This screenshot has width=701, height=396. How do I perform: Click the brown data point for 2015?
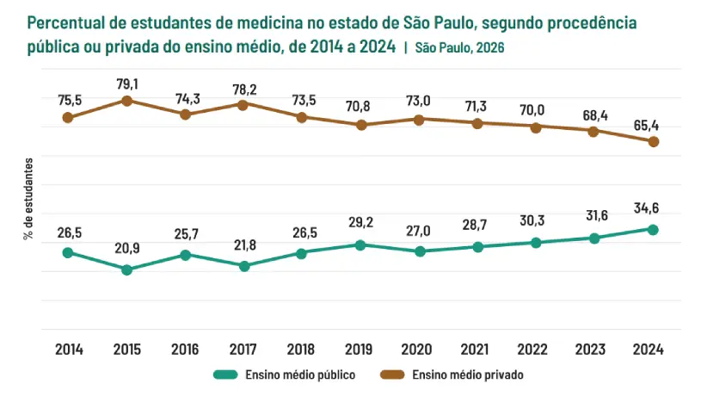point(126,101)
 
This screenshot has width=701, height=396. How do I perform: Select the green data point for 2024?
point(653,230)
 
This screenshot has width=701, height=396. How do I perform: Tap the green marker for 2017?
point(243,266)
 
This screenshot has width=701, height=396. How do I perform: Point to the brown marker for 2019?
point(360,125)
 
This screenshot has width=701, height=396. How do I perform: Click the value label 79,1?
point(126,84)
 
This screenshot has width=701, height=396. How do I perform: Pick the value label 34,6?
point(653,208)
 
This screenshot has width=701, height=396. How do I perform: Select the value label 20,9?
point(126,249)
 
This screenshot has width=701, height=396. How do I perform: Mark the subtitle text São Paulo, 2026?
point(458,48)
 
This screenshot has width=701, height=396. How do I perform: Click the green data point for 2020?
point(419,251)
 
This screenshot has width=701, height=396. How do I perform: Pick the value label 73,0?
point(419,102)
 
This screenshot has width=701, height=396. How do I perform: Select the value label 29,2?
point(360,223)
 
